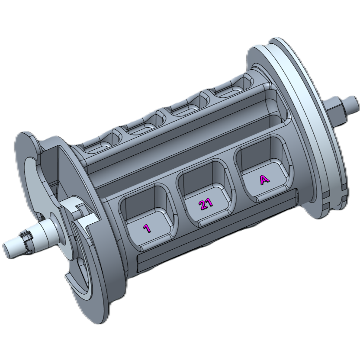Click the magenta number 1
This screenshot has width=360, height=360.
point(147,228)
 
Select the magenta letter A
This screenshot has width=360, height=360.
point(264,180)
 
